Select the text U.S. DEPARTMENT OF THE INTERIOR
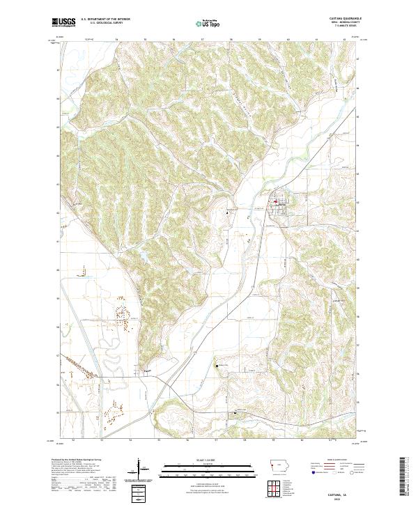[x=105, y=19]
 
